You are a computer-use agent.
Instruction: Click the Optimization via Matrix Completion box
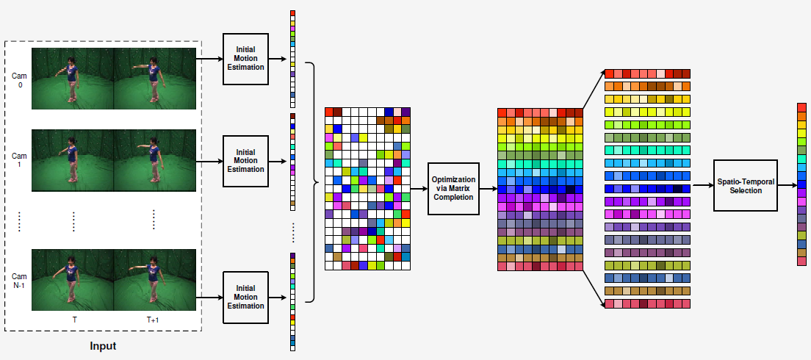(x=453, y=189)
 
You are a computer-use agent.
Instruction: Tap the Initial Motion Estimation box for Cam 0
(x=245, y=58)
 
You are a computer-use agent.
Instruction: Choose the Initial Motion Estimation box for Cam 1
(x=245, y=161)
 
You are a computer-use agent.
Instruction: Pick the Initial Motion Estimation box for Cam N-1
(x=245, y=297)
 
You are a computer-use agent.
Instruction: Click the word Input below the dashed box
(x=103, y=345)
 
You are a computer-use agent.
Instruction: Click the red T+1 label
(x=153, y=320)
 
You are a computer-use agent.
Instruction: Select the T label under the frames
(x=73, y=320)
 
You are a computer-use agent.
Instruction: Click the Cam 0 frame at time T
(x=73, y=79)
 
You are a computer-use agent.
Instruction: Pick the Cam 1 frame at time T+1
(x=155, y=160)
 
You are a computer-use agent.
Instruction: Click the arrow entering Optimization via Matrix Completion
(x=419, y=189)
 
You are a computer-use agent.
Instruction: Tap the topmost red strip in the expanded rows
(x=647, y=73)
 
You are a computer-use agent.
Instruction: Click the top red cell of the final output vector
(x=801, y=107)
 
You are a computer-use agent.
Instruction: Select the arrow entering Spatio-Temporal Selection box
(x=702, y=185)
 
